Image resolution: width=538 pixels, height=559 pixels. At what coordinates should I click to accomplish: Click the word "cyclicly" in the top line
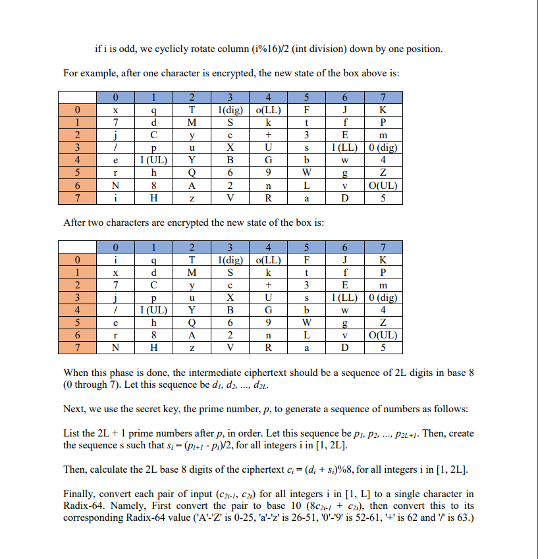click(175, 49)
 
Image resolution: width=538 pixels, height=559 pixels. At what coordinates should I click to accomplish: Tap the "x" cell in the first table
click(116, 109)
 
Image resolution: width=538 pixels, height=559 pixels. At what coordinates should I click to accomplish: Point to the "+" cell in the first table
click(269, 134)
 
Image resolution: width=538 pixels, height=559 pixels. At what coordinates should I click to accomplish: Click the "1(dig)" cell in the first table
click(230, 109)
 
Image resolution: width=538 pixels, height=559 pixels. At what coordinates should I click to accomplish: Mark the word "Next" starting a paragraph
click(74, 409)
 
